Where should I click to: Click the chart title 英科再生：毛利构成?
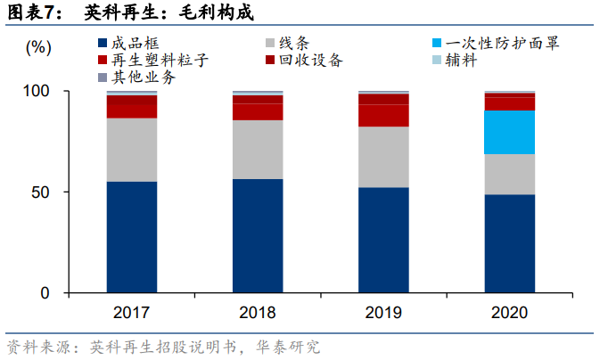coord(168,12)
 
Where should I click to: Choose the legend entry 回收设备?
coord(308,61)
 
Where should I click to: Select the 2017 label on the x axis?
coord(132,313)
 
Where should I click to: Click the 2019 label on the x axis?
coord(383,313)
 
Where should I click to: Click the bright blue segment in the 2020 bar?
coord(509,132)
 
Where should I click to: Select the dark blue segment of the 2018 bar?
coord(258,235)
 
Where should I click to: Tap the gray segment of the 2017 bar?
coord(132,150)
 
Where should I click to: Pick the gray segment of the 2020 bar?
coord(509,174)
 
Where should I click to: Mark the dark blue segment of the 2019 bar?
coord(383,240)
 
